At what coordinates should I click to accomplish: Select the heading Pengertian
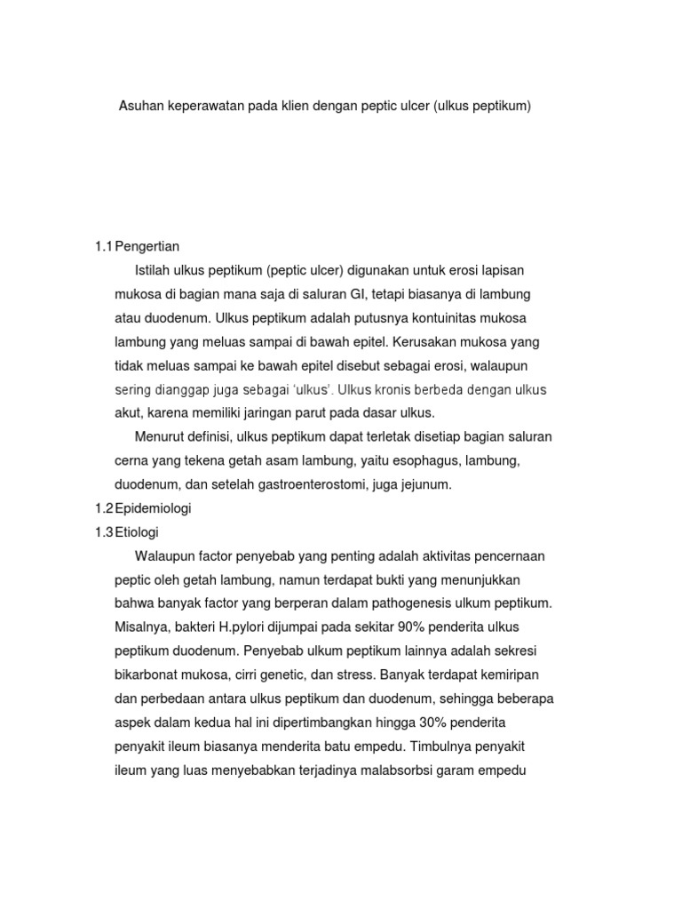tap(148, 245)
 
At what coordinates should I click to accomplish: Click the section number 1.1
tap(105, 245)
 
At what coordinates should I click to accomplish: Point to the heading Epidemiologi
tap(154, 509)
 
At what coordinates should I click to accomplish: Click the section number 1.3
tap(105, 532)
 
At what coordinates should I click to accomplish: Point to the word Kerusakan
tap(411, 341)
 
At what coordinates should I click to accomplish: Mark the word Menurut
tap(159, 436)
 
